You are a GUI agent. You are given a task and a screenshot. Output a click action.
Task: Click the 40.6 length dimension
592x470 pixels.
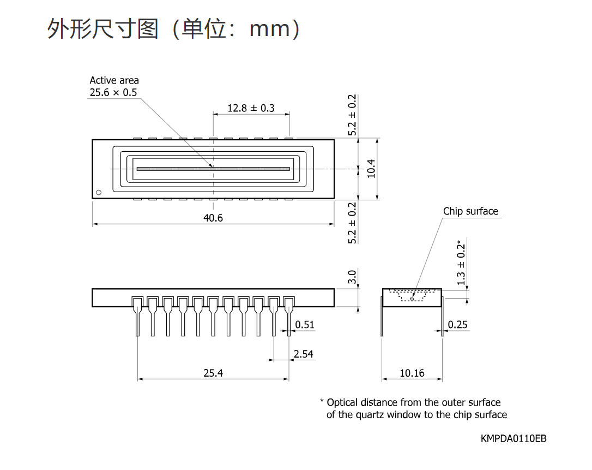coord(213,218)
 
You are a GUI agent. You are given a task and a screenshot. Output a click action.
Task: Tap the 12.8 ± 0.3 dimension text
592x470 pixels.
coord(251,108)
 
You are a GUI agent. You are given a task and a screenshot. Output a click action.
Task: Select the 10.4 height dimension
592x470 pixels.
coord(371,169)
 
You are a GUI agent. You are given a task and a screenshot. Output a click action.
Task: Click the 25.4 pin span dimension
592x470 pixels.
coord(213,373)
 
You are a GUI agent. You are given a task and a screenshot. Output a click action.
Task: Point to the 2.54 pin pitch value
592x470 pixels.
coord(304,354)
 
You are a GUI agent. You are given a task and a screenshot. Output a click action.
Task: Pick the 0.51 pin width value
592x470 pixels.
coord(304,324)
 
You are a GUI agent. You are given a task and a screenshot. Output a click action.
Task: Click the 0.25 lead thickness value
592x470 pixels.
coord(457,324)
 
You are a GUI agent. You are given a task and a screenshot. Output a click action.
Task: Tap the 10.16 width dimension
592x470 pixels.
coord(412,373)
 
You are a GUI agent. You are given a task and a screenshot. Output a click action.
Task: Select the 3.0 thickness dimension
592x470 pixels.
coord(352,277)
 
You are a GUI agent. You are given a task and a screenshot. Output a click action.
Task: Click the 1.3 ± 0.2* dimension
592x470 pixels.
coord(461,263)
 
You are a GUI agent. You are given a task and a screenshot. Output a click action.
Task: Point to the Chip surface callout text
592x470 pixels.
coord(470,211)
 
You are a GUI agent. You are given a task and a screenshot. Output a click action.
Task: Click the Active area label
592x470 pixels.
coord(114,80)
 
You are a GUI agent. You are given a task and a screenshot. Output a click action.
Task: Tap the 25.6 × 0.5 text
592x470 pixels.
coord(113,92)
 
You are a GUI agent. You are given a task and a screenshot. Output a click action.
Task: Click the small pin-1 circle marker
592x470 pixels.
coord(99,193)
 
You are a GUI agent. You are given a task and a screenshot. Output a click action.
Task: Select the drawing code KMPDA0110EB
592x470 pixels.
coord(514,438)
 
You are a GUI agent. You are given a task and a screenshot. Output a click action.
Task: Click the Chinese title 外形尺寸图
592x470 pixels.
coord(102,29)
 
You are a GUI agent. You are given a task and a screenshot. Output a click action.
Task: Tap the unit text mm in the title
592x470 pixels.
coord(270,29)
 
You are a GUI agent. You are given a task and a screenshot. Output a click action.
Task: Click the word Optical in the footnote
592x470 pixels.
coord(342,402)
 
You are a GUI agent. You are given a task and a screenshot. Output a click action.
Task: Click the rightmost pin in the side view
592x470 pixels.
coord(289,316)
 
